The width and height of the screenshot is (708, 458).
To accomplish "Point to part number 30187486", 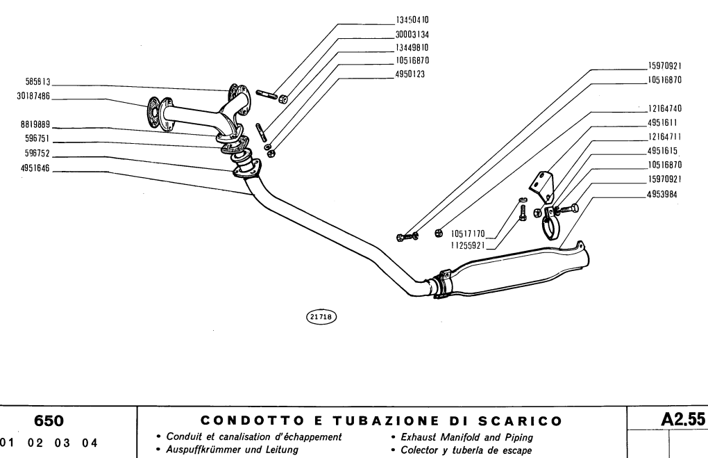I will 33,96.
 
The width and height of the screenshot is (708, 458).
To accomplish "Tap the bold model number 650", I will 49,420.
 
